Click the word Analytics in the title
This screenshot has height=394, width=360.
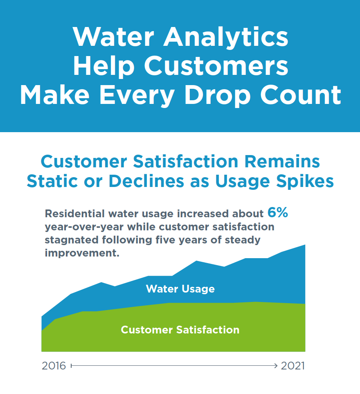[x=226, y=38]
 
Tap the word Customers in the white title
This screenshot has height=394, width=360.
[x=216, y=66]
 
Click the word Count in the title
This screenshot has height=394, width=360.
[x=300, y=95]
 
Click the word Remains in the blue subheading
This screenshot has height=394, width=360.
[x=282, y=161]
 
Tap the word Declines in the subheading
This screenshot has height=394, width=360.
[x=146, y=181]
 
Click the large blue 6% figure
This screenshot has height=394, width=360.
[x=278, y=212]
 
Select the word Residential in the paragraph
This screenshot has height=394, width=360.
[x=74, y=214]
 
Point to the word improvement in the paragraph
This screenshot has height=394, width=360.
[x=82, y=253]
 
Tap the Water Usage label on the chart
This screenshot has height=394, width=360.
[x=180, y=289]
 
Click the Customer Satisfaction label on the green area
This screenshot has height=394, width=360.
[x=180, y=330]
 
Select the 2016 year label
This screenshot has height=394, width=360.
[x=54, y=366]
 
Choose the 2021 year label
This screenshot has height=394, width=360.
[x=293, y=366]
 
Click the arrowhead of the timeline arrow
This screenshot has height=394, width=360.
[x=276, y=366]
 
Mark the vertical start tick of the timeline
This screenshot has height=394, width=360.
[x=71, y=366]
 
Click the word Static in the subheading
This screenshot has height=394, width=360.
[x=52, y=181]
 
